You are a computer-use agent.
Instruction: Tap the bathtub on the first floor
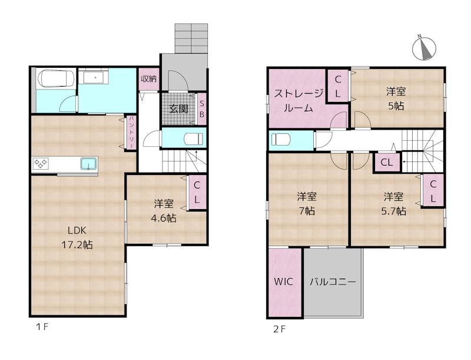click(x=56, y=78)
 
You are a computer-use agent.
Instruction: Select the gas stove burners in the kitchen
click(x=41, y=164)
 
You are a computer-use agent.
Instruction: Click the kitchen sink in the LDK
click(x=89, y=164)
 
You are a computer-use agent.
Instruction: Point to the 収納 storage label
click(x=149, y=79)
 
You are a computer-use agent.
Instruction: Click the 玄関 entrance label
click(x=179, y=109)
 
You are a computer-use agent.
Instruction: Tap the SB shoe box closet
click(x=201, y=109)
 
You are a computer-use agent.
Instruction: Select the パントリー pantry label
click(x=131, y=132)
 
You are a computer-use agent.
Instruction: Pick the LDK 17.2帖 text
click(x=77, y=237)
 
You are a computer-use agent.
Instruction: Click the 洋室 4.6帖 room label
click(x=164, y=211)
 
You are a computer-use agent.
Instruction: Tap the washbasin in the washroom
click(x=95, y=78)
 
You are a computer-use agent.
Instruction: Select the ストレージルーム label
click(x=298, y=100)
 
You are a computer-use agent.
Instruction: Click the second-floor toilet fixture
click(x=281, y=140)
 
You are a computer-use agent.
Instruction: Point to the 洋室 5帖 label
click(x=396, y=98)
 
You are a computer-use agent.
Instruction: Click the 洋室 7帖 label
click(x=307, y=204)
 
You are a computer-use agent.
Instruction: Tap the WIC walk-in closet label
click(x=283, y=282)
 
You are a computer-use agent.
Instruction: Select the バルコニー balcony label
click(x=333, y=282)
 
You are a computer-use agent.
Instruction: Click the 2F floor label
click(x=279, y=329)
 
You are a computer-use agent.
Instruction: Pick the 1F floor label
click(x=42, y=326)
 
